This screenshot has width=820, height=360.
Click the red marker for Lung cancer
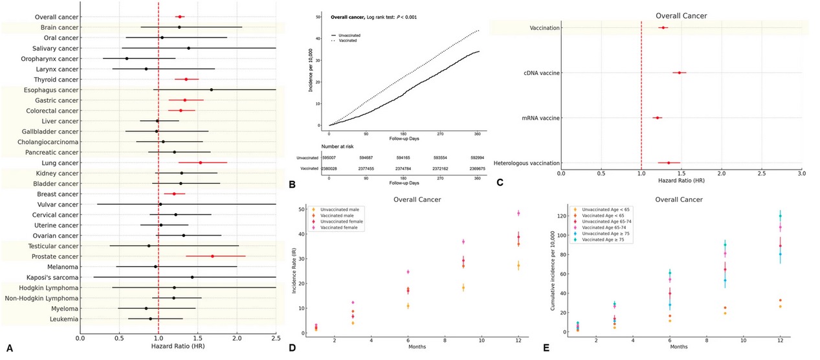[x=200, y=163]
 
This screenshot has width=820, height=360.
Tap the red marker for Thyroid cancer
[x=186, y=79]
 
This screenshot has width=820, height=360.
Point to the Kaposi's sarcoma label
[x=52, y=277]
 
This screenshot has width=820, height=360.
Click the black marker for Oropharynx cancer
[x=127, y=58]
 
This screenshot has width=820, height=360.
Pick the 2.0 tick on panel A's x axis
[x=237, y=337]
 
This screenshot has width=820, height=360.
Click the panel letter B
[x=292, y=184]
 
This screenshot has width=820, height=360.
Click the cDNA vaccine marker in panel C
[x=679, y=73]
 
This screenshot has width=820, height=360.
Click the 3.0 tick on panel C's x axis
[x=802, y=173]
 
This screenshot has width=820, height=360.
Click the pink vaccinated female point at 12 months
[x=518, y=213]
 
